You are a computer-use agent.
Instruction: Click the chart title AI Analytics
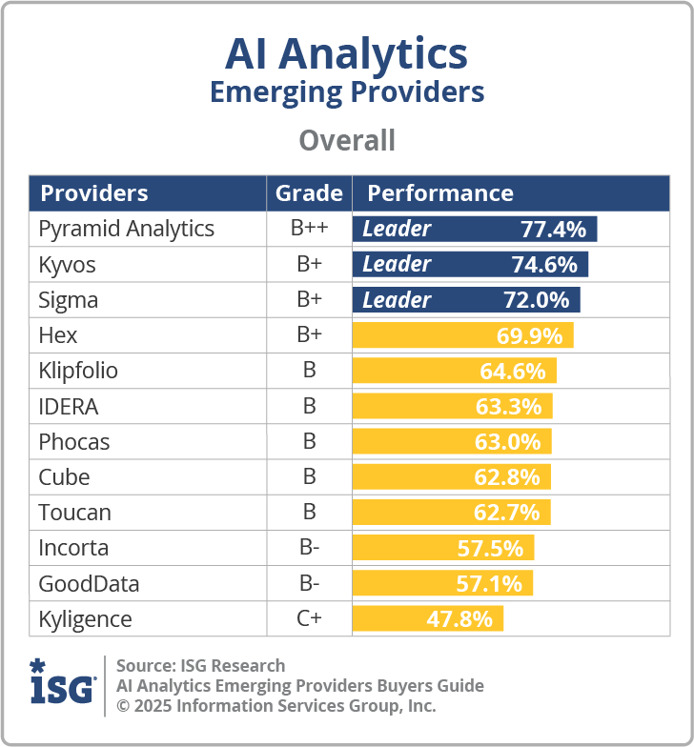(x=346, y=54)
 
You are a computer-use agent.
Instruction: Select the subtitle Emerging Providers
(x=346, y=92)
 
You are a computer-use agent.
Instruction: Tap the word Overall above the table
(x=346, y=141)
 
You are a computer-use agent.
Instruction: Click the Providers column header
(x=94, y=193)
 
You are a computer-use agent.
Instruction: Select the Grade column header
(x=309, y=193)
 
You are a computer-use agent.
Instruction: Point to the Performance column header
(x=440, y=193)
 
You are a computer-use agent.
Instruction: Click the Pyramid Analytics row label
(x=126, y=230)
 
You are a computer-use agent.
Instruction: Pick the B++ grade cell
(x=309, y=230)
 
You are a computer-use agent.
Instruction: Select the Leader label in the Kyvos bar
(x=397, y=265)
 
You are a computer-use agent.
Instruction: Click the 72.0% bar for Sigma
(x=466, y=300)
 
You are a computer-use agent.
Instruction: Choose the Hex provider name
(x=58, y=335)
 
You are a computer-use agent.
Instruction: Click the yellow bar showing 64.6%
(x=455, y=371)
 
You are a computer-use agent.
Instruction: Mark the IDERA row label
(x=69, y=407)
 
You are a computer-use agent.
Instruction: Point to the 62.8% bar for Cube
(x=451, y=476)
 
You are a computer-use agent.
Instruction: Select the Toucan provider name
(x=74, y=513)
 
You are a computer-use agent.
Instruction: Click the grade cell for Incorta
(x=309, y=548)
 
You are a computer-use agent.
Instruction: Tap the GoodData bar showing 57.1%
(x=442, y=583)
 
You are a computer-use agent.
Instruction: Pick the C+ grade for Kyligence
(x=309, y=619)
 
